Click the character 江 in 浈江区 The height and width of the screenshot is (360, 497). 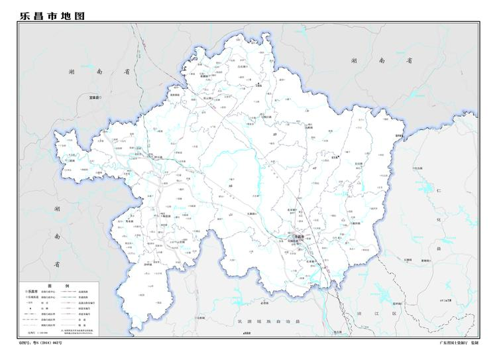tap(378, 312)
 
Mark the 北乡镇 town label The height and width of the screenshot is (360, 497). tap(298, 210)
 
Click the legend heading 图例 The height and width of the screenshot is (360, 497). tap(58, 284)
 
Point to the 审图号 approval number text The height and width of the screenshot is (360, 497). tap(40, 345)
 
